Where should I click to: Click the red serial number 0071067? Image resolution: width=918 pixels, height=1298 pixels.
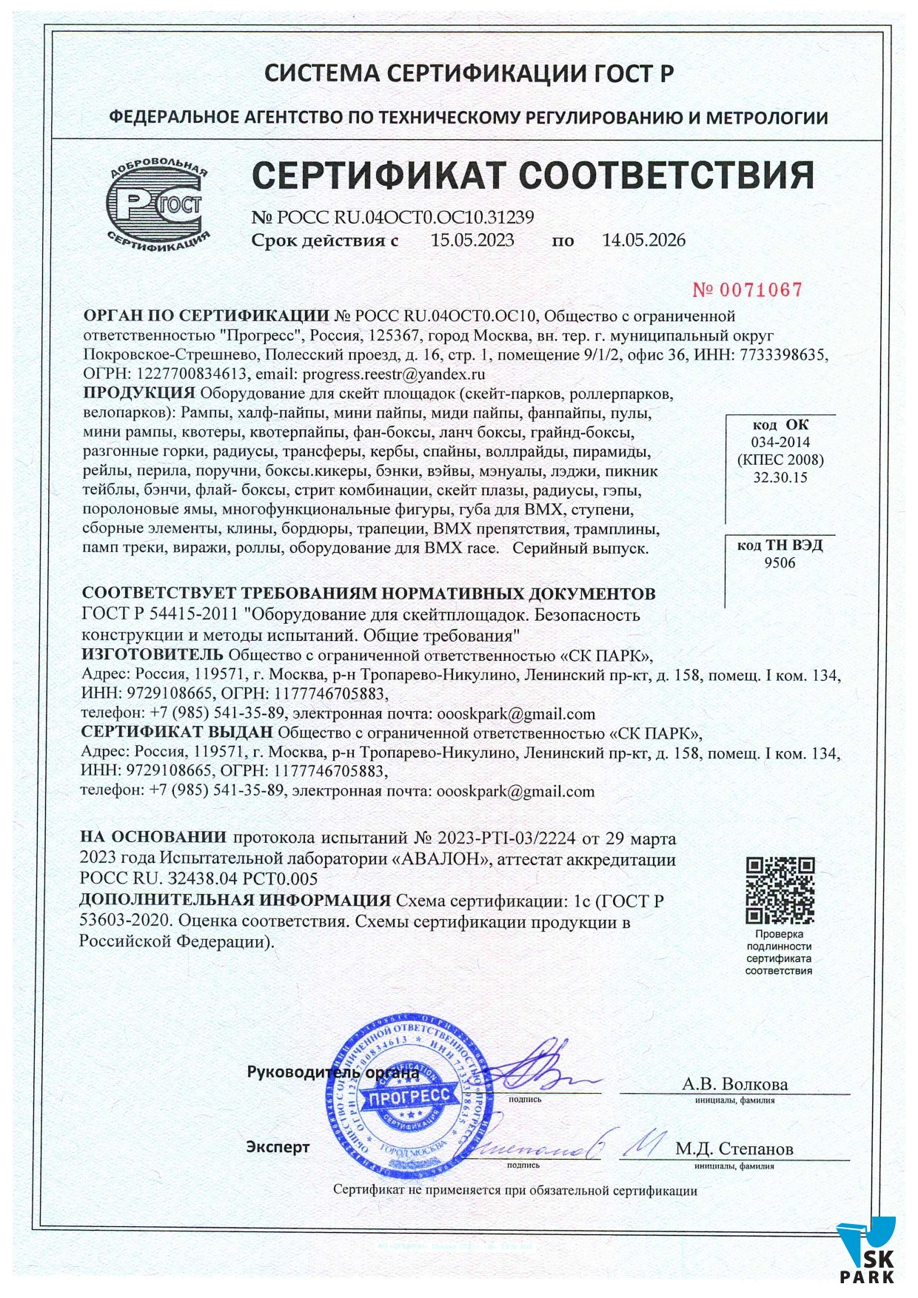click(x=747, y=289)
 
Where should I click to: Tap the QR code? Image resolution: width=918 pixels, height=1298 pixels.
click(x=780, y=892)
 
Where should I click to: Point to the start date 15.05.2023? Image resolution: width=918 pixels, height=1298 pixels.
click(x=472, y=240)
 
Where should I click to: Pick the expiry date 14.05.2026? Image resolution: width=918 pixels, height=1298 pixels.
click(x=643, y=240)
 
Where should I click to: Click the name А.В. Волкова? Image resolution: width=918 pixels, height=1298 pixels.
click(x=734, y=1084)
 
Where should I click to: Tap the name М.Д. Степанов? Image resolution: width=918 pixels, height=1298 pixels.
click(x=734, y=1149)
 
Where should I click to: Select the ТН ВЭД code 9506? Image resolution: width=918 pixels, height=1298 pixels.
click(x=780, y=562)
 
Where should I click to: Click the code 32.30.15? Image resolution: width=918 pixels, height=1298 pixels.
click(x=780, y=477)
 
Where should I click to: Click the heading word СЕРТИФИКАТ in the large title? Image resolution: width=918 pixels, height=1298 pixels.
click(x=378, y=176)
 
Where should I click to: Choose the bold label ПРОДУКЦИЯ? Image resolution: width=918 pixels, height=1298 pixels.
click(x=139, y=392)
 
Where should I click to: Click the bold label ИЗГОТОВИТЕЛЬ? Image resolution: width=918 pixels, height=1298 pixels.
click(x=152, y=654)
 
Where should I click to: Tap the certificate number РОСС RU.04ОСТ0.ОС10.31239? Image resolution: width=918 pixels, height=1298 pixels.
click(x=405, y=218)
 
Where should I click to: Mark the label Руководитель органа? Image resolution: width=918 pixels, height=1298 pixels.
click(x=332, y=1072)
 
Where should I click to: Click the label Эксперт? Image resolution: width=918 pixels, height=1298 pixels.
click(x=278, y=1147)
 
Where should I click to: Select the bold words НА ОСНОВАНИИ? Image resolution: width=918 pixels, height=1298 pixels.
click(x=153, y=838)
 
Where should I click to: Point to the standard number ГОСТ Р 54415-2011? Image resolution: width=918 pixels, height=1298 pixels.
click(x=159, y=614)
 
